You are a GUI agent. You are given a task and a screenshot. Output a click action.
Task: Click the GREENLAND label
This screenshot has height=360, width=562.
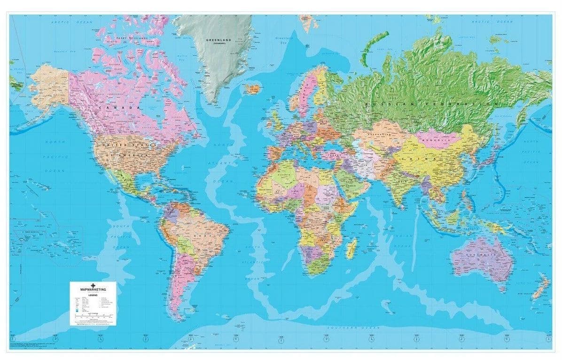pos(217,40)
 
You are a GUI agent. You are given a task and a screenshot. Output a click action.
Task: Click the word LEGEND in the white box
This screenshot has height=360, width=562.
pos(92,295)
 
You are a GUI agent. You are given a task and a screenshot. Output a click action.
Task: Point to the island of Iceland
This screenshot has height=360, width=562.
pos(252,88)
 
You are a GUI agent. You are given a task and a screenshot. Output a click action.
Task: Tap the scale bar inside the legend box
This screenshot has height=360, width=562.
pos(92,316)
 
